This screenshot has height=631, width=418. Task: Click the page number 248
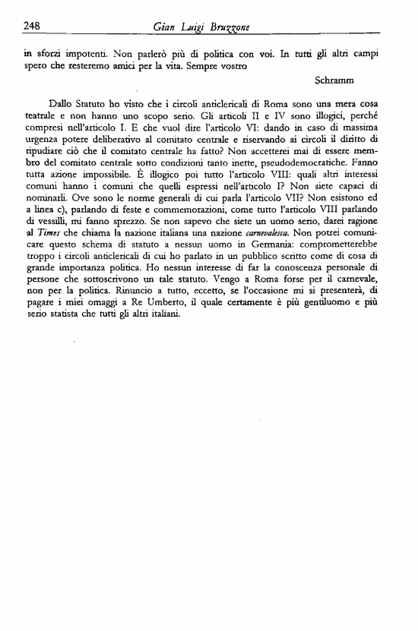pyautogui.click(x=31, y=26)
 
